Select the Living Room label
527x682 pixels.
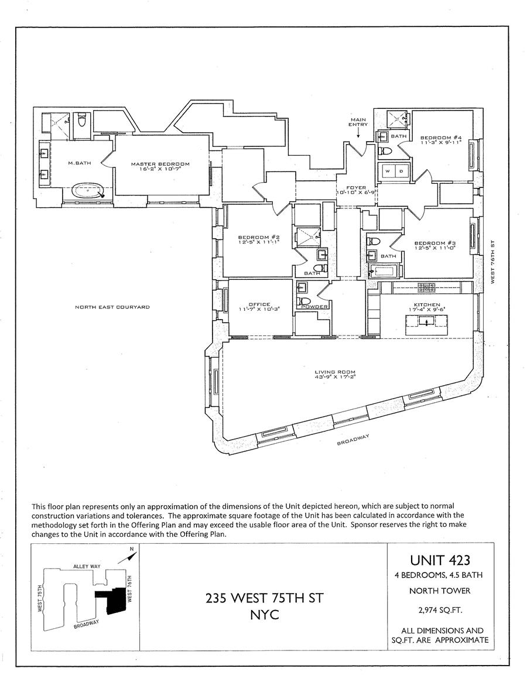[x=335, y=372]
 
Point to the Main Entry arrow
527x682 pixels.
[x=358, y=132]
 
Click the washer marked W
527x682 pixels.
[x=387, y=172]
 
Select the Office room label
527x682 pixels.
[x=259, y=304]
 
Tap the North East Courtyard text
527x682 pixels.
[x=112, y=307]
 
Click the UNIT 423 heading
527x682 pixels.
[x=441, y=560]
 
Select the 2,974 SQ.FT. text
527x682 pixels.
[x=441, y=611]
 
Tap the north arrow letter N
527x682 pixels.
[x=132, y=549]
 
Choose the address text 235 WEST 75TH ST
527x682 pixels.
[x=263, y=599]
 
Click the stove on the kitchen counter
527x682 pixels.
[x=426, y=286]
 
